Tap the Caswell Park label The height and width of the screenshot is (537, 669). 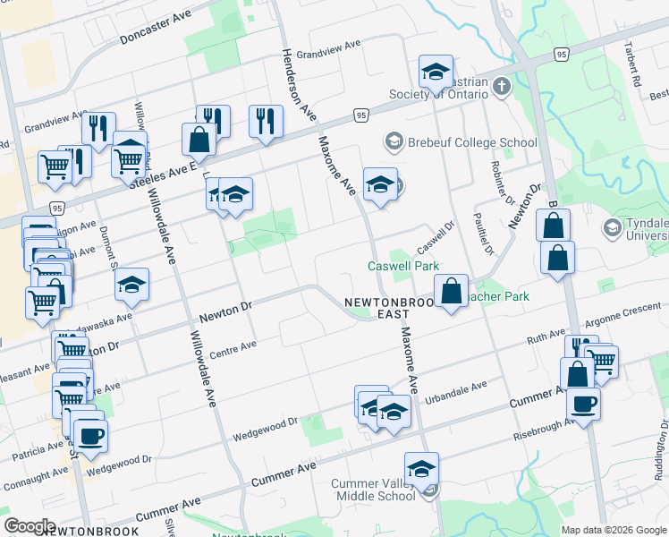pyautogui.click(x=403, y=267)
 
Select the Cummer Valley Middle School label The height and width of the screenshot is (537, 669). pyautogui.click(x=373, y=490)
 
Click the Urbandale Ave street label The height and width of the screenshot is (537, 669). pyautogui.click(x=455, y=393)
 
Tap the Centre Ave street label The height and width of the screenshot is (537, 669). pyautogui.click(x=233, y=350)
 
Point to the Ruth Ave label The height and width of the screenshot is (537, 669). pyautogui.click(x=546, y=339)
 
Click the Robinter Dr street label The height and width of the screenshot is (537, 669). pyautogui.click(x=498, y=183)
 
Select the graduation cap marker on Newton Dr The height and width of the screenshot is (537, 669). pyautogui.click(x=132, y=286)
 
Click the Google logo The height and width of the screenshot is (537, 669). pyautogui.click(x=30, y=526)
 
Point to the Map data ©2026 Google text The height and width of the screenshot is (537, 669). pyautogui.click(x=614, y=530)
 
